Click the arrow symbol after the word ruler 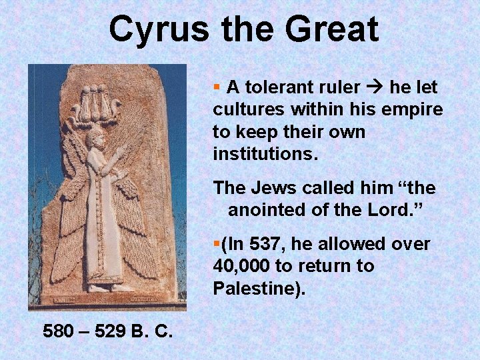click(375, 87)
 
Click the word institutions click(266, 154)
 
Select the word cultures click(244, 109)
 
